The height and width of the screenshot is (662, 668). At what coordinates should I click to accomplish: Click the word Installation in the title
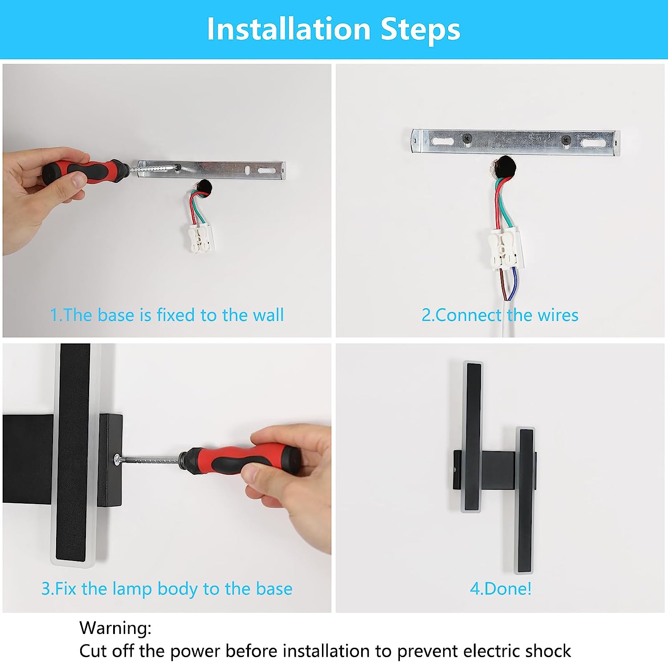(289, 29)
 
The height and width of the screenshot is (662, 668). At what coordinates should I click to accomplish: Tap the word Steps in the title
(420, 29)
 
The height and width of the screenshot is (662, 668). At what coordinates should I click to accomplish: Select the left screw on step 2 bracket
(467, 139)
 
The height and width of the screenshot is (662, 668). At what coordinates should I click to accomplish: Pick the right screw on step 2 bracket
(566, 139)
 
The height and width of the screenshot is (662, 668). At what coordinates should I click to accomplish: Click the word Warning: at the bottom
(115, 628)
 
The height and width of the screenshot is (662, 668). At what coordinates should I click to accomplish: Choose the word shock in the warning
(548, 650)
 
